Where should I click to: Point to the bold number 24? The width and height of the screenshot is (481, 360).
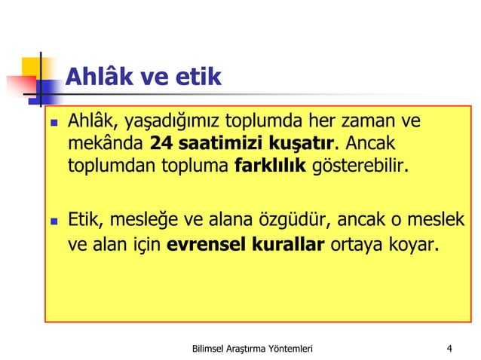tap(164, 143)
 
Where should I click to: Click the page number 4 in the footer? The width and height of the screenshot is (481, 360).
tap(449, 348)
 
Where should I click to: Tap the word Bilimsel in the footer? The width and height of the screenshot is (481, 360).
tap(213, 348)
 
